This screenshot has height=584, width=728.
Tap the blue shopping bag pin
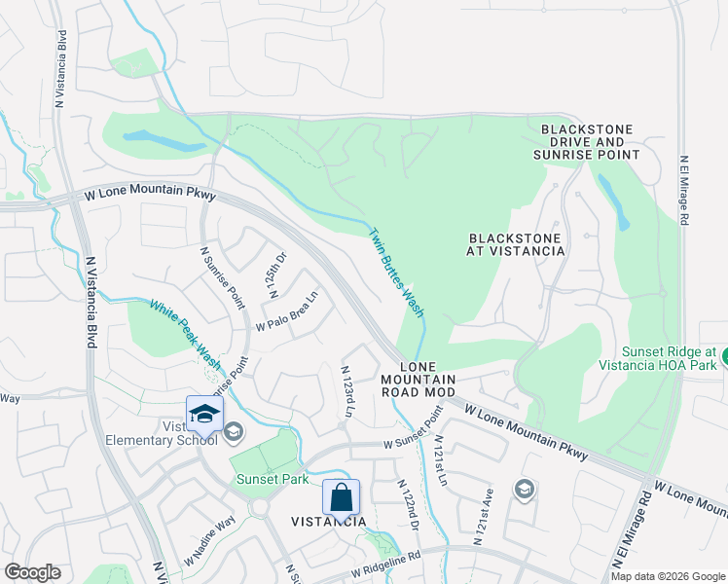coord(342,497)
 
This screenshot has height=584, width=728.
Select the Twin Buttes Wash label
coord(396,273)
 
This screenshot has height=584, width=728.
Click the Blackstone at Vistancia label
coord(517,244)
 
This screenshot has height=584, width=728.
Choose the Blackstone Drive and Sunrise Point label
coord(587,142)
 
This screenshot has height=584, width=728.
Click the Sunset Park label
coord(273,479)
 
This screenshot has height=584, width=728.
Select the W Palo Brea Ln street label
coord(287,311)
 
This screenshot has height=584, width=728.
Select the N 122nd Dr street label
coord(407,504)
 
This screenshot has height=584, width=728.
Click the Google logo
coord(32,572)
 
